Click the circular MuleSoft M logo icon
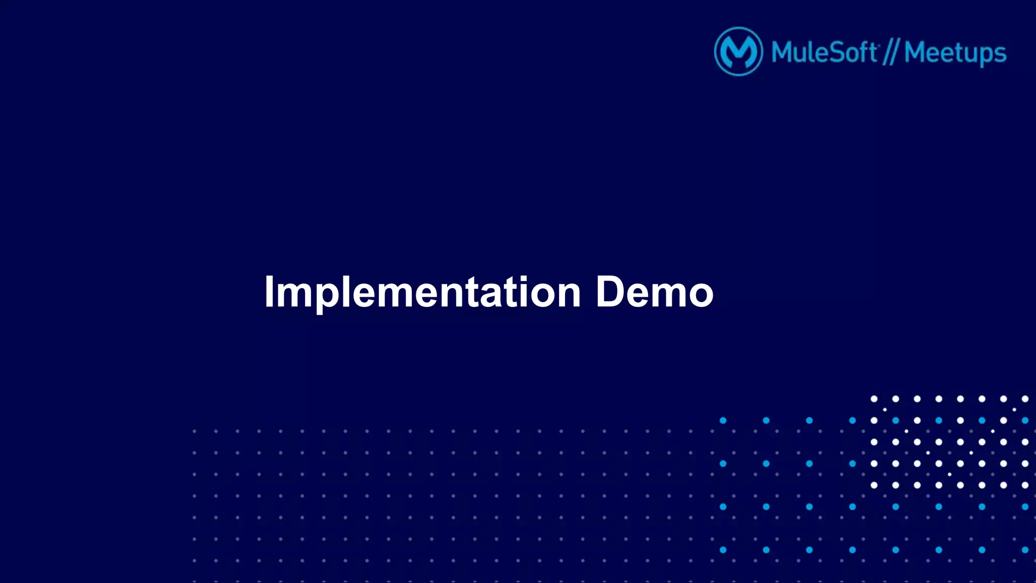[x=738, y=52]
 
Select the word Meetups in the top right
[x=955, y=53]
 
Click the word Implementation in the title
[x=422, y=292]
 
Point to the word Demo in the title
[x=654, y=292]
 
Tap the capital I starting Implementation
[x=269, y=292]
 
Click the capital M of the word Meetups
[x=916, y=52]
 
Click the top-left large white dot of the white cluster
[x=874, y=399]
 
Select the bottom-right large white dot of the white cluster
[x=1025, y=485]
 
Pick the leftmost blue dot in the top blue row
[x=723, y=420]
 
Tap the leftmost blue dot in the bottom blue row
[x=723, y=550]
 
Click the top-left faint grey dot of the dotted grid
[x=194, y=431]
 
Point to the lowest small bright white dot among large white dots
[x=949, y=474]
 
